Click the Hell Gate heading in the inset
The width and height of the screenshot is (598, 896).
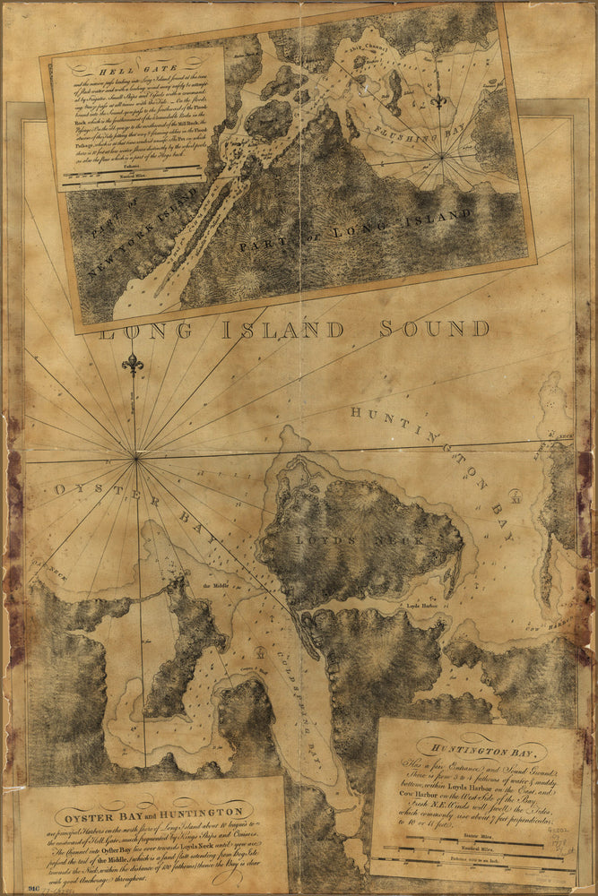97,69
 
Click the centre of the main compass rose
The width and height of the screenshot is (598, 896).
136,458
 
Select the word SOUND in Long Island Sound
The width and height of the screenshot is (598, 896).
436,329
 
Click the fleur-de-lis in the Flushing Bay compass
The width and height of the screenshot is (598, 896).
438,100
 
